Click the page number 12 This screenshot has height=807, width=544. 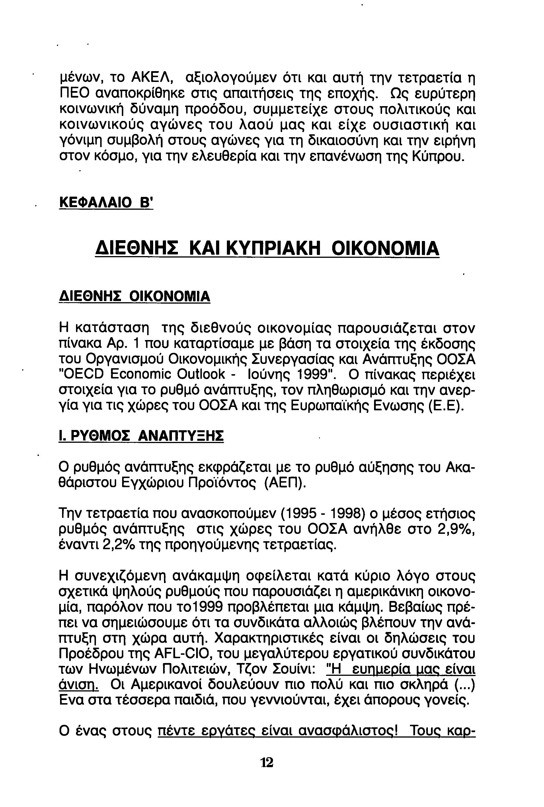[267, 762]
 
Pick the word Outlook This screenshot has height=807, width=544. [201, 374]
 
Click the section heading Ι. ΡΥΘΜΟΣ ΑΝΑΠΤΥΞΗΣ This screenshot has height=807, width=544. [141, 436]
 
